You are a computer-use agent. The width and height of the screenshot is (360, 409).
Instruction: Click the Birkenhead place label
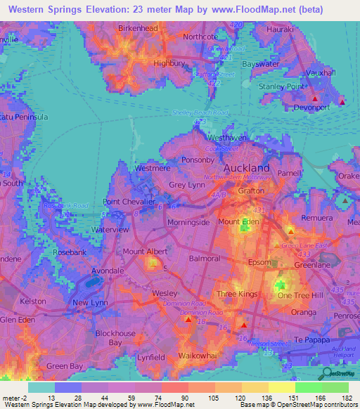click(139, 28)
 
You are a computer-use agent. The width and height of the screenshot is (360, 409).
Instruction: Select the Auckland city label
click(246, 169)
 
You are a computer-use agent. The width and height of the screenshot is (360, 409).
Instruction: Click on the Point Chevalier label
click(127, 202)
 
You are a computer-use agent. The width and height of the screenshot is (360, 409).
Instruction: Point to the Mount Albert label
click(145, 251)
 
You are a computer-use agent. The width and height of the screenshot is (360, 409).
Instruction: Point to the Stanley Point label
click(281, 86)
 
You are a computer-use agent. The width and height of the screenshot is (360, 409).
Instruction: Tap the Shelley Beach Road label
click(200, 112)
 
